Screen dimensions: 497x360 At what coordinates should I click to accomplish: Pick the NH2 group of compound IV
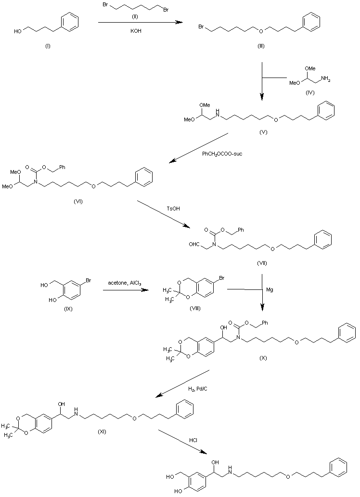(325, 80)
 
